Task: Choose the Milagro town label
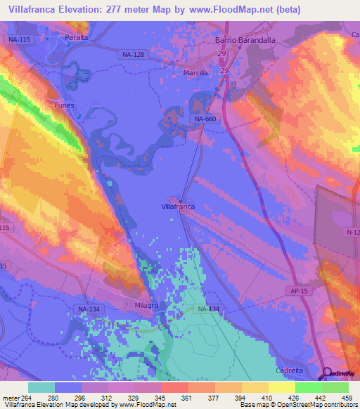click(x=147, y=306)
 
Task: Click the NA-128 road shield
click(x=132, y=54)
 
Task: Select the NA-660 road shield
click(x=206, y=119)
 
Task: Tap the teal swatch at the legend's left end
click(x=41, y=387)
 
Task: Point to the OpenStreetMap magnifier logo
click(x=328, y=374)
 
